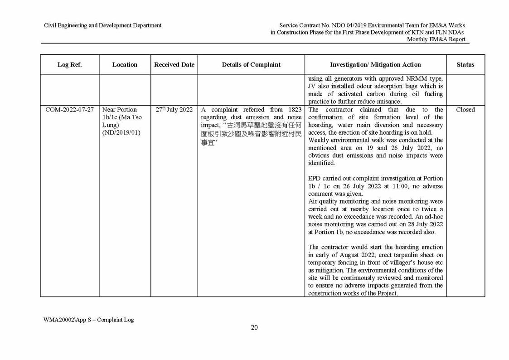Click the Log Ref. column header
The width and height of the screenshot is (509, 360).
[69, 64]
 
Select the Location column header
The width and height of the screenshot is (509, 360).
[125, 64]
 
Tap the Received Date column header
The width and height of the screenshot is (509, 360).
[174, 64]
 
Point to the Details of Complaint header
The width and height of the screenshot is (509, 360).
[251, 64]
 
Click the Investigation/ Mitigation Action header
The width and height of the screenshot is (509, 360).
[375, 64]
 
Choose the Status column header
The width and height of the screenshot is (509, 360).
[465, 64]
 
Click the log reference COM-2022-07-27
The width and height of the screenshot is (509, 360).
[70, 110]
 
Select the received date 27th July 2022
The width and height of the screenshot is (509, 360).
[174, 110]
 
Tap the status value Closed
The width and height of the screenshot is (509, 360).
[465, 110]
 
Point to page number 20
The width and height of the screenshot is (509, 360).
[254, 328]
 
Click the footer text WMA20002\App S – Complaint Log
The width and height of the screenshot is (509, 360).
[89, 320]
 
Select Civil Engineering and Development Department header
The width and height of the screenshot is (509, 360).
[102, 25]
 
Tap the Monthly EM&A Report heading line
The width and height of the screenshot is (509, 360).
[436, 39]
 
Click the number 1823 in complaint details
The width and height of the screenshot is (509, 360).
[294, 110]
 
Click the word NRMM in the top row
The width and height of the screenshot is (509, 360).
[408, 78]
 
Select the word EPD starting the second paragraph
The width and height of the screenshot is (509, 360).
[315, 178]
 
